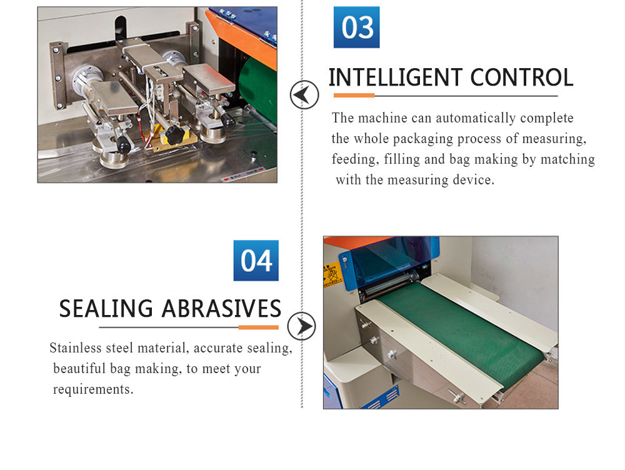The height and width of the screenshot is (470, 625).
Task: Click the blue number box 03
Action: coord(356,27)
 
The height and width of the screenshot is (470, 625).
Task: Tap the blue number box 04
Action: coord(256,261)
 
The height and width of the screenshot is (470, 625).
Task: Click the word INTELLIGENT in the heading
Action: coord(396,77)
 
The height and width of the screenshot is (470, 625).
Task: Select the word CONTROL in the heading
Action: coord(522,77)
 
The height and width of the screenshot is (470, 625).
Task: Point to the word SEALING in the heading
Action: coord(106,309)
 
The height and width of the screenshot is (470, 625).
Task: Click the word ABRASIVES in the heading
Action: coord(222,309)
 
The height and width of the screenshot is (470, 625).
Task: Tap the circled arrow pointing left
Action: coord(304,95)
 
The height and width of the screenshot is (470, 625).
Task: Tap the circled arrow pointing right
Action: coord(301,326)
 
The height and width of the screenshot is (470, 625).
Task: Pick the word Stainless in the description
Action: coord(76,348)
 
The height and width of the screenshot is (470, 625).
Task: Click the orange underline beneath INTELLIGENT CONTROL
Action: coord(354,96)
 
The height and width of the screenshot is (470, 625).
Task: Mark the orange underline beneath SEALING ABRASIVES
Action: coord(258,327)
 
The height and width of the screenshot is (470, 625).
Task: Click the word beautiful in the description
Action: coord(80,369)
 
